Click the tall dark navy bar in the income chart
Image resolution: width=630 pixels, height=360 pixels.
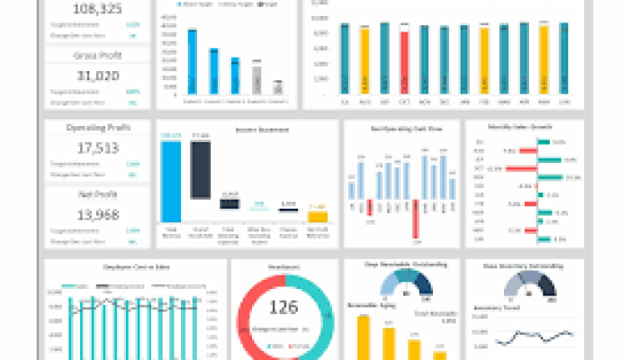pyautogui.click(x=201, y=166)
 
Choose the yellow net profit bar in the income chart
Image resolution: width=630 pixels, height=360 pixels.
pyautogui.click(x=317, y=216)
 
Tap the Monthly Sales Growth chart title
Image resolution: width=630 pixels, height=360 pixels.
pyautogui.click(x=515, y=128)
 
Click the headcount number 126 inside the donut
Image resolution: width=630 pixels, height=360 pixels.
pyautogui.click(x=283, y=309)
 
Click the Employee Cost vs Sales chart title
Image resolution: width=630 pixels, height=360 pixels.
pyautogui.click(x=132, y=268)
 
